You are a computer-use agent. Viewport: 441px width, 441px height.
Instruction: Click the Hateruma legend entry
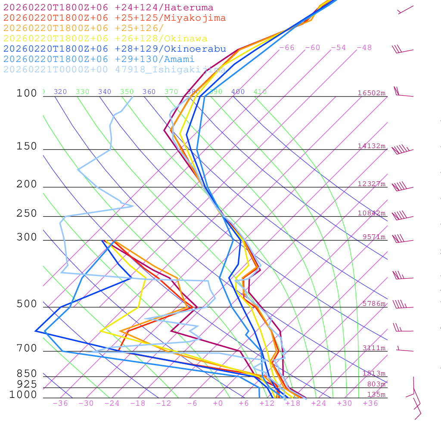point(108,8)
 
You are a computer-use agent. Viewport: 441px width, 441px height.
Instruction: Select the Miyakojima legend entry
point(115,18)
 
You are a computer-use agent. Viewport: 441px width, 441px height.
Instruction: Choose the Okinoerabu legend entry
point(115,49)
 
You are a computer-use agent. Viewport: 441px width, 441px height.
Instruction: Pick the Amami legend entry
point(99,59)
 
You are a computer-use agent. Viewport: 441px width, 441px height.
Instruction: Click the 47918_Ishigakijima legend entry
point(115,70)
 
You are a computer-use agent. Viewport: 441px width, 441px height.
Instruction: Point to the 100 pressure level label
point(27,93)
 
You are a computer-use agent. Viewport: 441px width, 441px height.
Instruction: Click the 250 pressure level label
point(27,214)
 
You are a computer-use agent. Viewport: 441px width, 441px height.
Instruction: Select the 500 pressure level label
point(27,304)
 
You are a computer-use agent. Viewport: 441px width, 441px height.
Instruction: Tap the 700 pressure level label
point(27,348)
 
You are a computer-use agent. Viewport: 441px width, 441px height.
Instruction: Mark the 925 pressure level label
point(27,384)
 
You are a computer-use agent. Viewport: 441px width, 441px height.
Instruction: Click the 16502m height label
point(372,93)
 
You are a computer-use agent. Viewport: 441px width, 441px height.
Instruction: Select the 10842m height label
point(372,213)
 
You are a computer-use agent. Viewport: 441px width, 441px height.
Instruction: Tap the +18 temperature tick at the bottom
point(293,404)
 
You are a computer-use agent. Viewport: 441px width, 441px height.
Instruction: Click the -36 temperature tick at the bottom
point(60,404)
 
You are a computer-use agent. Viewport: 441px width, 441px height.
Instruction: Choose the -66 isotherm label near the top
point(287,48)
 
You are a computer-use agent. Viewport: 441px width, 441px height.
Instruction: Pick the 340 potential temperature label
point(105,92)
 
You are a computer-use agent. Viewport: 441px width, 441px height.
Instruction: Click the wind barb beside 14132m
point(402,150)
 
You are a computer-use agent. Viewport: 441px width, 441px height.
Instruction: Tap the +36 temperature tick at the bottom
point(370,404)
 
